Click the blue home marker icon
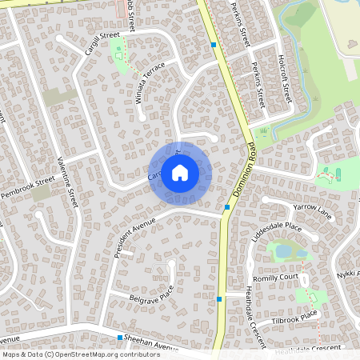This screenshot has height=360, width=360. tap(180, 172)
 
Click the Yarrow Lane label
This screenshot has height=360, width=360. tap(312, 210)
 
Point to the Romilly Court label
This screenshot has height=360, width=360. tap(275, 278)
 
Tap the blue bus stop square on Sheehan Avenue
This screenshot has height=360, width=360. tap(120, 338)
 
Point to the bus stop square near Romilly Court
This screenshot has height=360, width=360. tap(219, 298)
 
